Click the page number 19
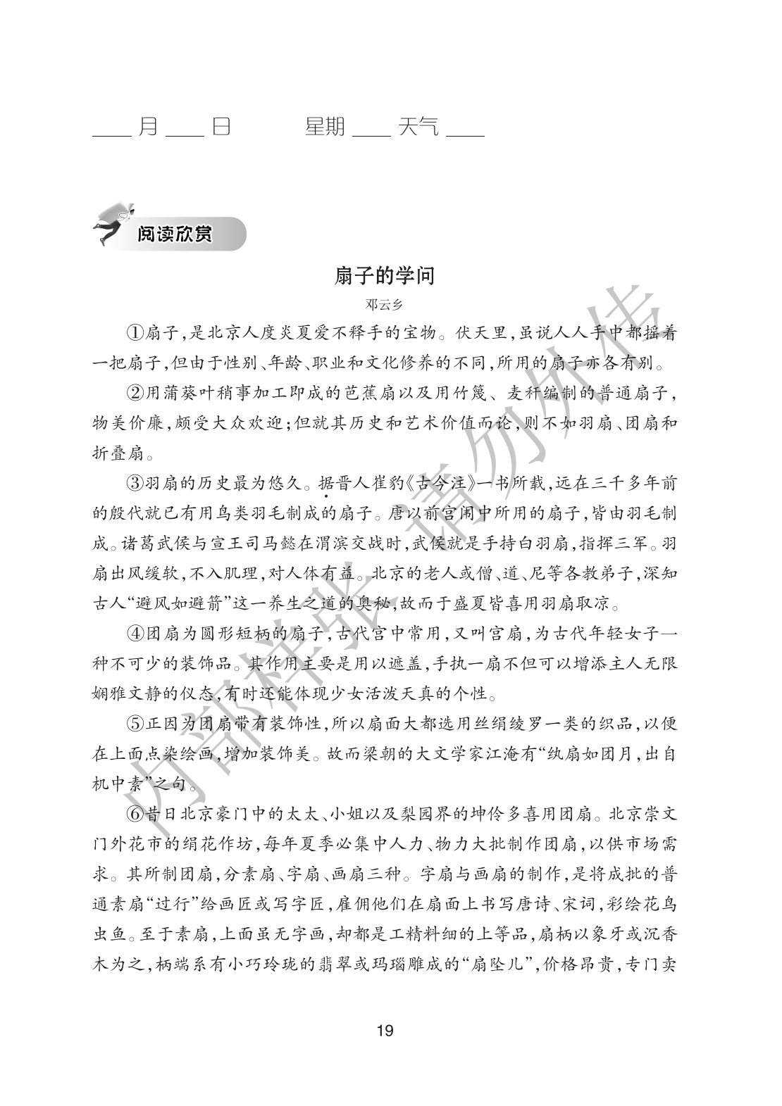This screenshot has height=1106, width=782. (x=385, y=1032)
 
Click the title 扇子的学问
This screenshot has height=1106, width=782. (x=385, y=276)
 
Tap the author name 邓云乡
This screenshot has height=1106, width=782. (x=385, y=305)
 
